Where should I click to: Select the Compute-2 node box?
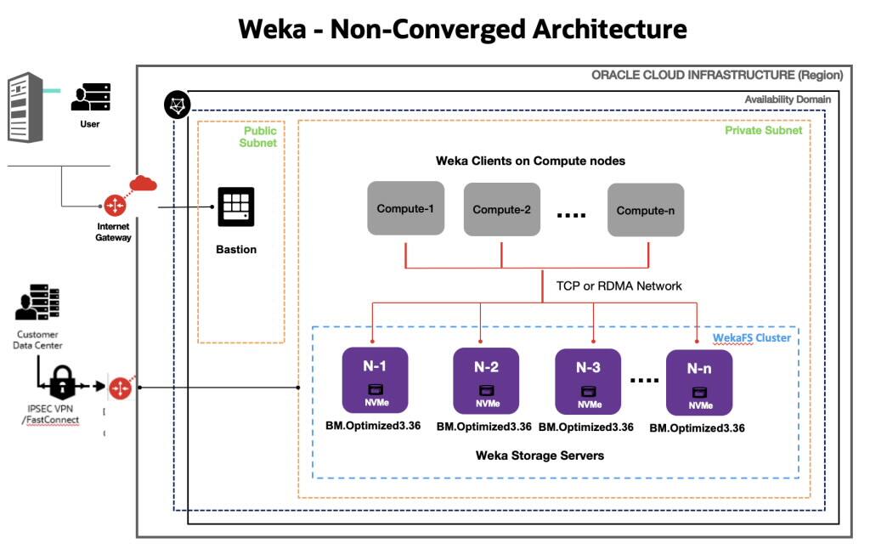[501, 209]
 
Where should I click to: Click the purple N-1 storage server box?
[375, 379]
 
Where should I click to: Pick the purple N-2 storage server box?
[486, 380]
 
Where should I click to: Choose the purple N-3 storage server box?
[588, 380]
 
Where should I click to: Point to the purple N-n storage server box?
[699, 382]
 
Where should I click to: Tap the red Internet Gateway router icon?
[115, 205]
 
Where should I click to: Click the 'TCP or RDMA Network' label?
[619, 286]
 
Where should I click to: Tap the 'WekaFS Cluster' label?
[751, 337]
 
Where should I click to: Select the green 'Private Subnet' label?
[763, 130]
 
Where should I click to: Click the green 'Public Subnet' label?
[260, 137]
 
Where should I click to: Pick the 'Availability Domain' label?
[788, 99]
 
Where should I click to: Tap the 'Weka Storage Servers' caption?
[540, 456]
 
